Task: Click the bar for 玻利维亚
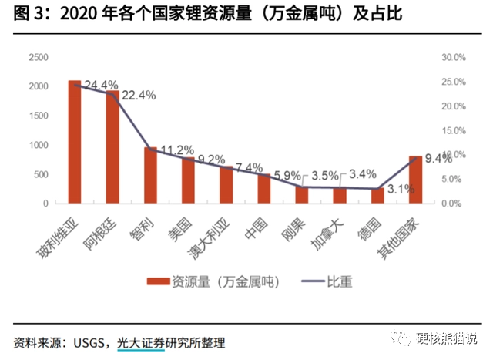click(x=75, y=142)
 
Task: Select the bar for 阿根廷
click(x=112, y=147)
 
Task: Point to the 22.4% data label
click(x=139, y=96)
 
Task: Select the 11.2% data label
click(x=176, y=150)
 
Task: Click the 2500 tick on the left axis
click(x=39, y=57)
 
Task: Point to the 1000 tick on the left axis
click(x=39, y=145)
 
